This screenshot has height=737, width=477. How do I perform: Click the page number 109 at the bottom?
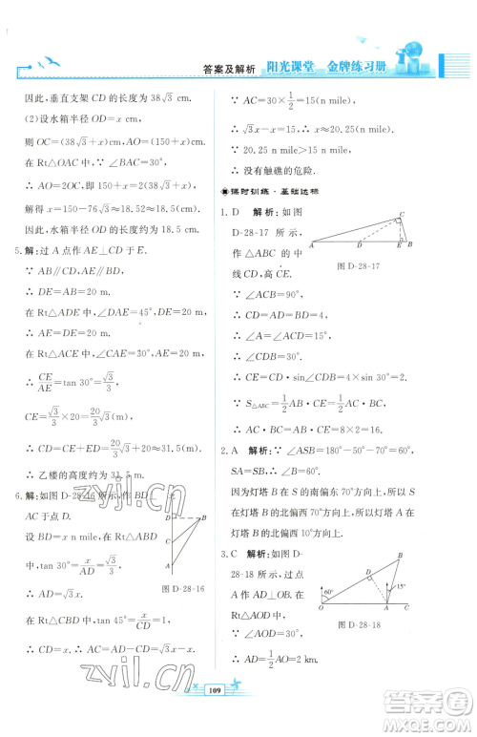[239, 713]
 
